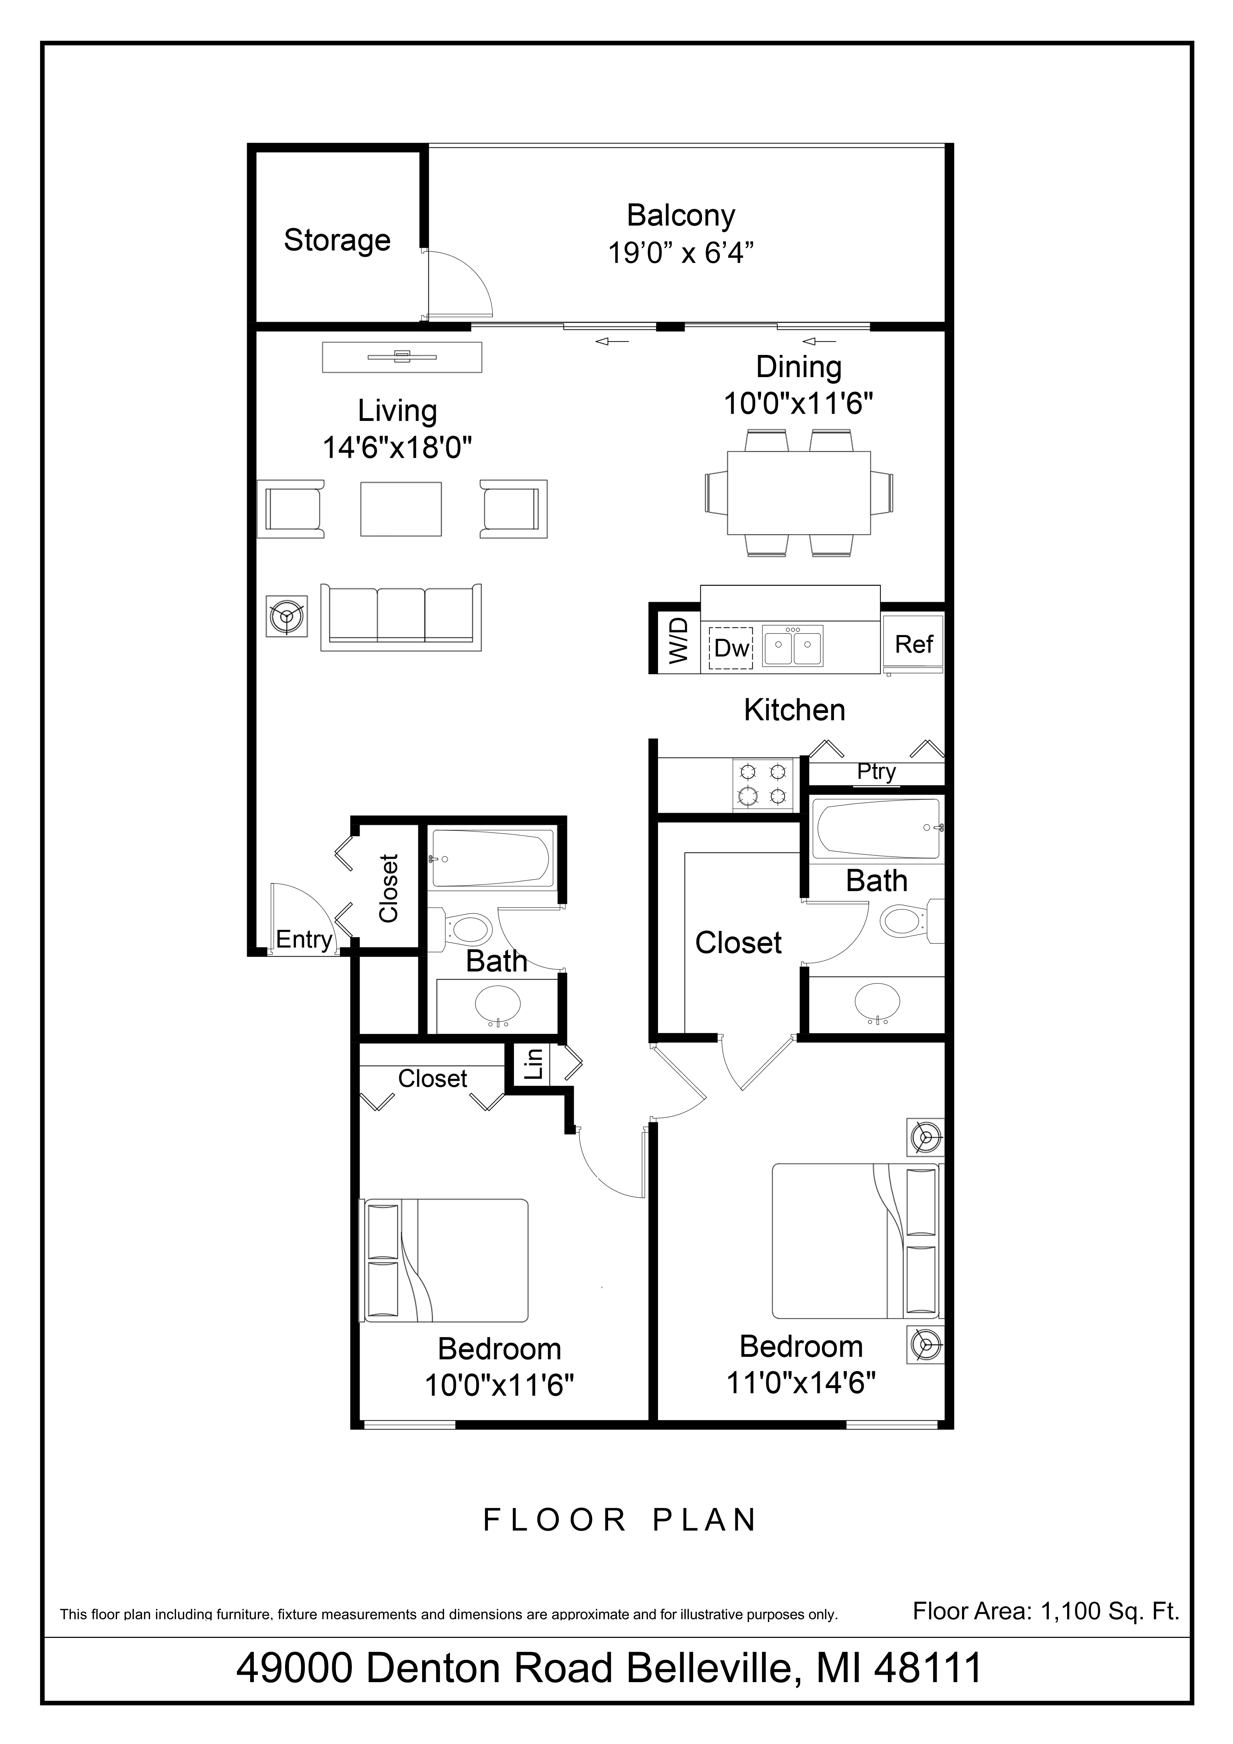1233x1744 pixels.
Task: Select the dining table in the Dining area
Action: click(x=799, y=493)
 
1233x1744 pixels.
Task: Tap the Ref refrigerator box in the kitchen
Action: click(x=913, y=644)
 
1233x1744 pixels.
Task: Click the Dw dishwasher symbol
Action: click(x=731, y=648)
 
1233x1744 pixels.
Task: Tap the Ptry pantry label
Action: click(x=876, y=772)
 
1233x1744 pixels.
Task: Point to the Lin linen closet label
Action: click(x=534, y=1063)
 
